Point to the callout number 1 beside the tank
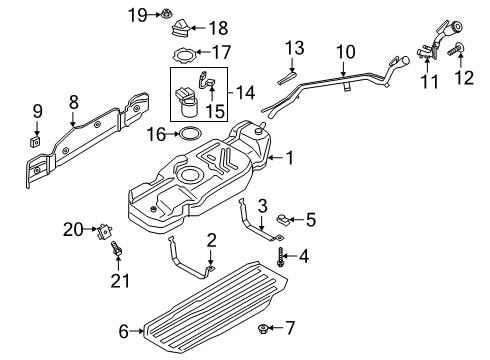click(x=290, y=157)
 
